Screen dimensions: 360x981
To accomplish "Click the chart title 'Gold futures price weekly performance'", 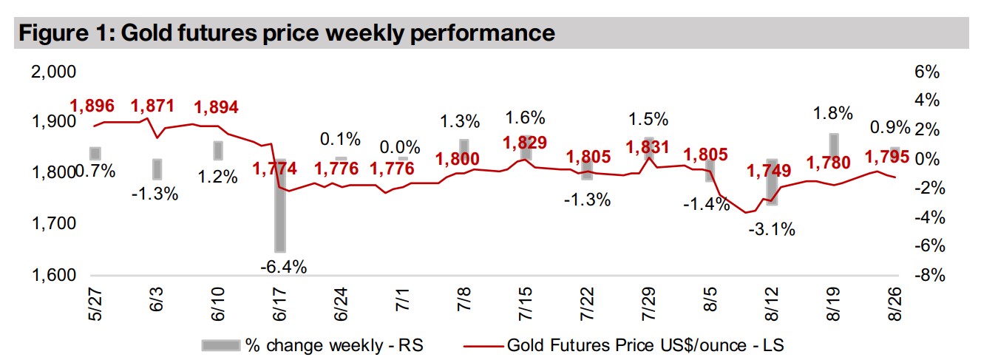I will click(286, 33).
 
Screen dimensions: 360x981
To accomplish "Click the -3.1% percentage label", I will click(772, 229).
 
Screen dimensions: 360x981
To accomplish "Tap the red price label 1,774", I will click(274, 169).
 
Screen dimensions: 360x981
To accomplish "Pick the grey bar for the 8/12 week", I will click(772, 182).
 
